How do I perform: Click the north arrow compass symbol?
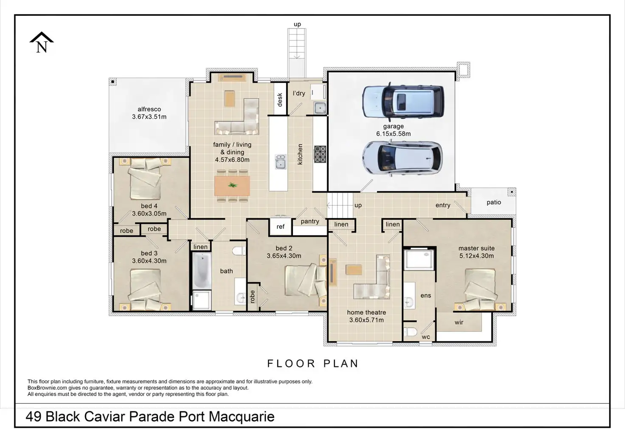click(42, 42)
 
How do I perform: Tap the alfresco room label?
click(149, 109)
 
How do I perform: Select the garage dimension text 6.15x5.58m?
click(393, 134)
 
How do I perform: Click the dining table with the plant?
click(232, 186)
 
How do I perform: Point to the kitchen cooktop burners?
click(320, 154)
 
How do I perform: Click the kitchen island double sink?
click(280, 162)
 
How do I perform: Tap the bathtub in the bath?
click(201, 271)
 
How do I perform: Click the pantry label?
click(310, 221)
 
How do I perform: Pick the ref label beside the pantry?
click(280, 227)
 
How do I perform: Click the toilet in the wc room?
click(410, 331)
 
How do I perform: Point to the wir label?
click(459, 322)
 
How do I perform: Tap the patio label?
click(493, 202)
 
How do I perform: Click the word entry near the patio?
click(443, 206)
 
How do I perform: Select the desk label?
click(279, 100)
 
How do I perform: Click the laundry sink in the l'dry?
click(320, 108)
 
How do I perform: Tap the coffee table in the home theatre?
click(354, 270)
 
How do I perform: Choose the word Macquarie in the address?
click(242, 417)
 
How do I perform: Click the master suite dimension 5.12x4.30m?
click(476, 256)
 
